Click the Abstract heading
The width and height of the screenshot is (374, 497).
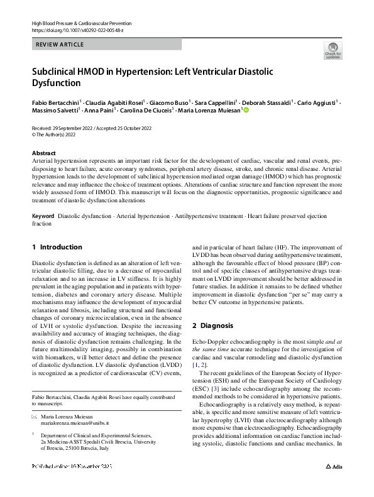click(x=44, y=153)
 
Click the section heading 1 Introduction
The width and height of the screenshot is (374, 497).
click(x=57, y=248)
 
